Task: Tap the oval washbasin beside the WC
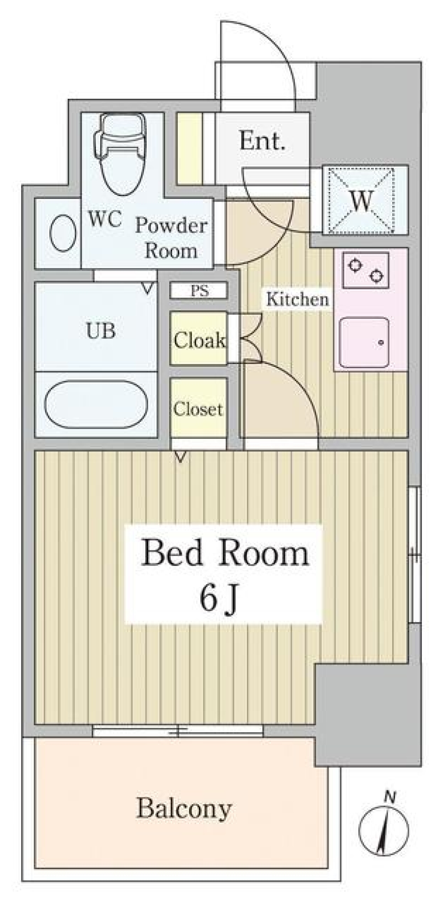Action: (63, 233)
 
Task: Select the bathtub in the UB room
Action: (96, 404)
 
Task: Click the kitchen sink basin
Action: (364, 342)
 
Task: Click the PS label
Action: (199, 291)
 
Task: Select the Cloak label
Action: (199, 341)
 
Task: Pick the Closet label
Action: (198, 409)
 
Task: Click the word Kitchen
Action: (298, 299)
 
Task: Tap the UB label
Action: (101, 330)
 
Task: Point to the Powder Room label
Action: (171, 238)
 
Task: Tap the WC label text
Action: (105, 219)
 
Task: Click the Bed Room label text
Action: (225, 553)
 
